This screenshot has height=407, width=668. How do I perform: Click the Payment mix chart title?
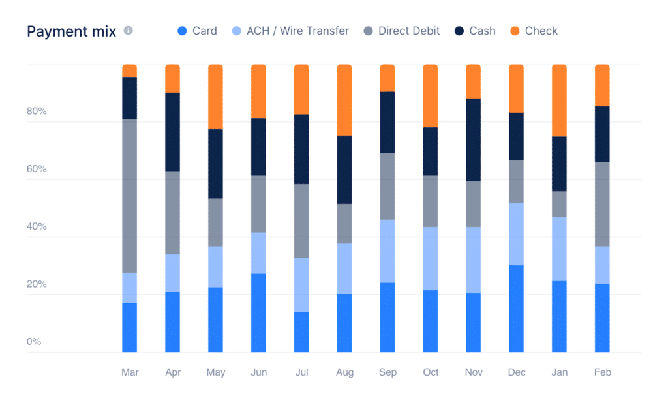click(72, 31)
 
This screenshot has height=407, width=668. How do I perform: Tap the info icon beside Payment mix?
click(129, 31)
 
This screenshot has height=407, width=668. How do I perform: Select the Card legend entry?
click(198, 31)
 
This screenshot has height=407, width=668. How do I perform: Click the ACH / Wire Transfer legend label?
click(297, 31)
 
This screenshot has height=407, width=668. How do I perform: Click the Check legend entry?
click(541, 31)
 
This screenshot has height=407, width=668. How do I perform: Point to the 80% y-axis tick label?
click(37, 111)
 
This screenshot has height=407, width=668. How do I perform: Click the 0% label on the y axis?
click(33, 341)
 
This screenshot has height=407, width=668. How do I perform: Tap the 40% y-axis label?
click(37, 226)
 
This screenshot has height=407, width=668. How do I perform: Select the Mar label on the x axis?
click(130, 372)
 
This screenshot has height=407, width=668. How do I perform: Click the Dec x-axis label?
click(517, 372)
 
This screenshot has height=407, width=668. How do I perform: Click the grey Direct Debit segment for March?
click(130, 196)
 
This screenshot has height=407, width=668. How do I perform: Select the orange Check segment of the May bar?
click(215, 97)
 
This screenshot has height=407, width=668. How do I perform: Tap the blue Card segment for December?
click(517, 309)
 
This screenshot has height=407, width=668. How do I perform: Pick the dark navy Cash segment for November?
click(474, 140)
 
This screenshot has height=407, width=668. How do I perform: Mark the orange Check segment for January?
click(560, 100)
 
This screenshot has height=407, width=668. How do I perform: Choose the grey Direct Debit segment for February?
click(602, 203)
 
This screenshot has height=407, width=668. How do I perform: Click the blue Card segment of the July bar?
click(301, 332)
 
